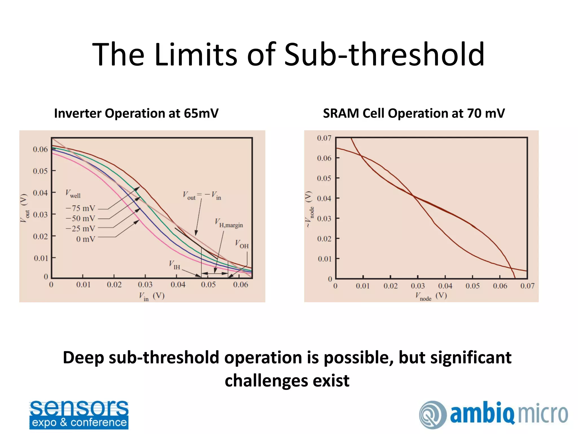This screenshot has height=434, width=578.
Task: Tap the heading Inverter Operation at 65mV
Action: tap(136, 113)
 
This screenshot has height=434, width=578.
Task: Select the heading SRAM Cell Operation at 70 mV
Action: tap(414, 113)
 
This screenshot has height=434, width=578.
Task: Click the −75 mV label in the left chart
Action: tap(81, 208)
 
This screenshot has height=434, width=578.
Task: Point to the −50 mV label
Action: tap(81, 218)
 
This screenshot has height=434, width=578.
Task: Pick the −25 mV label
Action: tap(81, 229)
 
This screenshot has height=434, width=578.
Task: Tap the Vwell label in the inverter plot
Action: tap(73, 194)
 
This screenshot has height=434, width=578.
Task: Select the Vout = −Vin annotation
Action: tap(202, 195)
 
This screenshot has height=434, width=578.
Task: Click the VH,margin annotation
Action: tap(229, 223)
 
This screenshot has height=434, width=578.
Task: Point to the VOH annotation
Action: tap(242, 244)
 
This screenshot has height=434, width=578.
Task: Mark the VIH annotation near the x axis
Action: tap(174, 265)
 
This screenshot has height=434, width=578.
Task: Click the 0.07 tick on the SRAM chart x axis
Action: tap(527, 286)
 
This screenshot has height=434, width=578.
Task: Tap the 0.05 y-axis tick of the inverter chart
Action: tap(40, 171)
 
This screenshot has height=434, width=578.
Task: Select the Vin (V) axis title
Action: tap(152, 296)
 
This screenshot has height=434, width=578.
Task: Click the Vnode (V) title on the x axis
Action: tap(431, 296)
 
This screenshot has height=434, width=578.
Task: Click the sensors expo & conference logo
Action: tap(79, 415)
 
